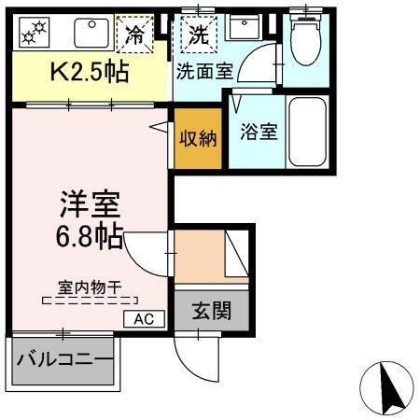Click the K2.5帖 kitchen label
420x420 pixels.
pos(89,70)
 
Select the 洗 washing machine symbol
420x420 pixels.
pos(199,35)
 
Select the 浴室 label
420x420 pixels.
pos(258,131)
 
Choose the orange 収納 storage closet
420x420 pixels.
pos(199,139)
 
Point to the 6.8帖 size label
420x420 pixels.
pos(89,235)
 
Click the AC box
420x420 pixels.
pos(144,318)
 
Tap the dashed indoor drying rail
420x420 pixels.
pos(91,301)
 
